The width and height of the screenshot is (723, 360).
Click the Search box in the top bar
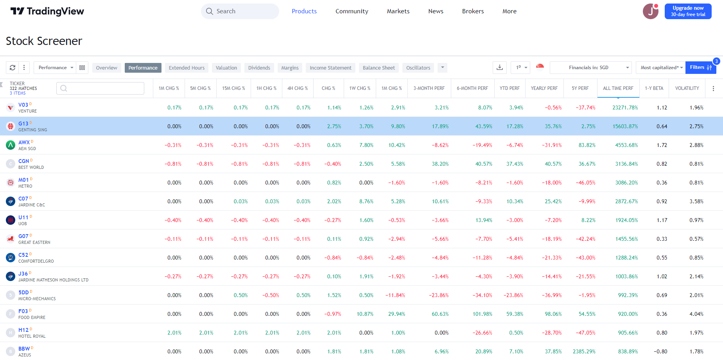[x=240, y=11]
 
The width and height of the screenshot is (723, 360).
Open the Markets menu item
[x=398, y=11]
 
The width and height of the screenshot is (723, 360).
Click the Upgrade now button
[x=688, y=11]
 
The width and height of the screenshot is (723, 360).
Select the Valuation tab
[x=226, y=68]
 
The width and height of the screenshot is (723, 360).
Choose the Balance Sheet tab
[x=379, y=68]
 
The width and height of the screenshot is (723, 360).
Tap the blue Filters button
[x=700, y=68]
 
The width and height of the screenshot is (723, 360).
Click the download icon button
[x=500, y=68]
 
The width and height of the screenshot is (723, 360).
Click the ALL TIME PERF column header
[x=618, y=88]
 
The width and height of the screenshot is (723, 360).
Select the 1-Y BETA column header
[x=654, y=88]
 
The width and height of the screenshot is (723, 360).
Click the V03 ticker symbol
[x=23, y=105]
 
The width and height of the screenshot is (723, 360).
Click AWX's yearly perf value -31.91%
[x=551, y=145]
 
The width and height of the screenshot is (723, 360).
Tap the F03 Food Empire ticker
[x=23, y=311]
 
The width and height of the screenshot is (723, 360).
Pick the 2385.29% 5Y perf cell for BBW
[x=584, y=352]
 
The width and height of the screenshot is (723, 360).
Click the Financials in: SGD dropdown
[x=590, y=68]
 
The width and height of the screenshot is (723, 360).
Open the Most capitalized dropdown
[x=661, y=68]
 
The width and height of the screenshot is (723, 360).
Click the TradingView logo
[x=47, y=11]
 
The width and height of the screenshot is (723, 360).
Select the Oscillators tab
[x=418, y=68]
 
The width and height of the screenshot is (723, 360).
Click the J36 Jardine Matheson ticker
[x=23, y=274]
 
